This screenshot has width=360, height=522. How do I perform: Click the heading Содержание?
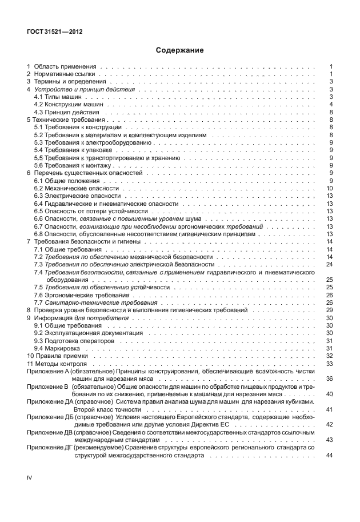click(x=179, y=50)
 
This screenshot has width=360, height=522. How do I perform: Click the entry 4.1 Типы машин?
click(x=57, y=97)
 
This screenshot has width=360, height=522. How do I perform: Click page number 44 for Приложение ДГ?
click(x=329, y=455)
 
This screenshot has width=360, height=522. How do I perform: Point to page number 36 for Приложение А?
click(x=329, y=378)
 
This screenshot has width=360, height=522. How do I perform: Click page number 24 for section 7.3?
click(x=329, y=264)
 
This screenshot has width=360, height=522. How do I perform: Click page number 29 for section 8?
click(x=329, y=310)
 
